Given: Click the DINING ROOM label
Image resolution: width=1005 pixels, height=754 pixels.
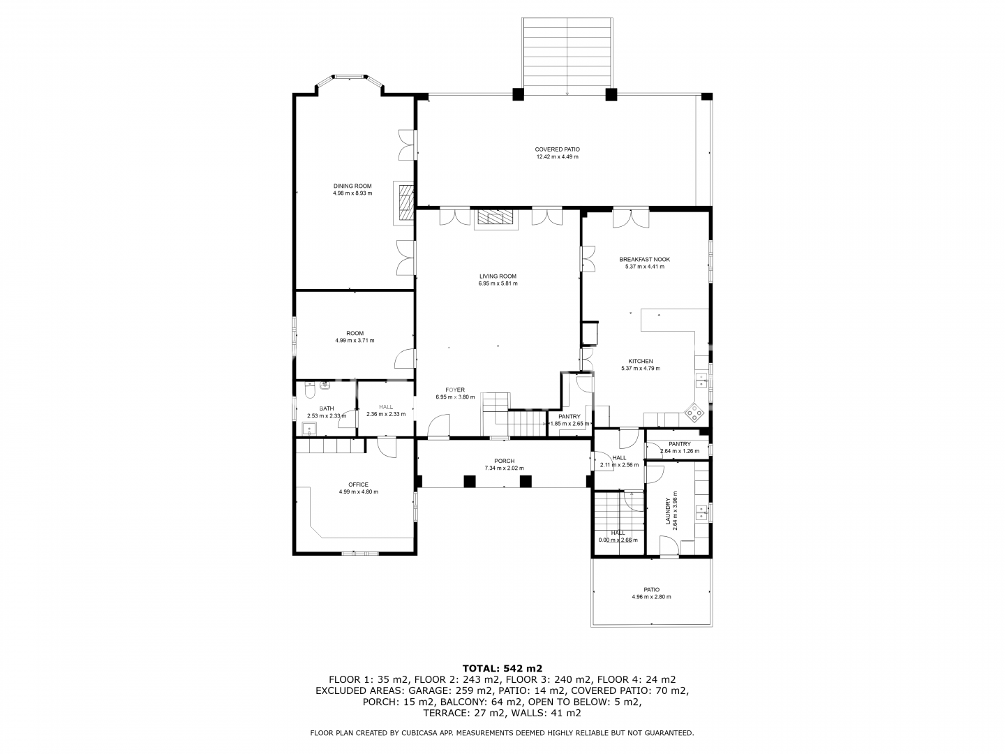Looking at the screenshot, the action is [x=352, y=186].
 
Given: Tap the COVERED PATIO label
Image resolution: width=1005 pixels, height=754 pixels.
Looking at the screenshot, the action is [x=557, y=149].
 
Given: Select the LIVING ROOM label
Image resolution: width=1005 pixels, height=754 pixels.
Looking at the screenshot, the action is [x=498, y=276].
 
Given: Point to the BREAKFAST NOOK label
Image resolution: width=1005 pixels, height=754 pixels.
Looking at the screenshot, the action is [x=644, y=259].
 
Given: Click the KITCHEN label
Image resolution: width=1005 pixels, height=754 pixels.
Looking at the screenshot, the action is [x=641, y=361].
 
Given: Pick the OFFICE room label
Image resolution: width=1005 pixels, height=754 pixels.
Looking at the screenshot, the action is [x=358, y=485].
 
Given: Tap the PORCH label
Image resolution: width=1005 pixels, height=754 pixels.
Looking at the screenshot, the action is [x=504, y=461].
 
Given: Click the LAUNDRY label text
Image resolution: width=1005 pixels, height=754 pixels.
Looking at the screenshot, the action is [x=668, y=511].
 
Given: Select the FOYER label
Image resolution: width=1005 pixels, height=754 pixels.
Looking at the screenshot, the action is [x=454, y=390].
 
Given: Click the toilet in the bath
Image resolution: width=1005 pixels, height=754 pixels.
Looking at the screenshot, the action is [x=309, y=390].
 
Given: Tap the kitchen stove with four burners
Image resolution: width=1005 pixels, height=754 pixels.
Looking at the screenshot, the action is [x=694, y=412].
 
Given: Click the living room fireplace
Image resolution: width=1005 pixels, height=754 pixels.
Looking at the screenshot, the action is [x=496, y=219].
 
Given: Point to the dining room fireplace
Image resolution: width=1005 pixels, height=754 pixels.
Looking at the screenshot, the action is [x=403, y=202].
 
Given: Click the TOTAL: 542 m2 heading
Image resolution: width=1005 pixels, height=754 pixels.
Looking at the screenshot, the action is [x=502, y=668].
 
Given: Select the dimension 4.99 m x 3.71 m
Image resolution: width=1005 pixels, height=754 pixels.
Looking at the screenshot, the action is [x=355, y=340].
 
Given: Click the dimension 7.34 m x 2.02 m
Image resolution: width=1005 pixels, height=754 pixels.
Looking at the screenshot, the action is [x=504, y=468].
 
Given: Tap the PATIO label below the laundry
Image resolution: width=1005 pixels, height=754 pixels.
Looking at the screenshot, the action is [x=652, y=590].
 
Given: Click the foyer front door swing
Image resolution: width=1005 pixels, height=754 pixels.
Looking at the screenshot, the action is [x=438, y=425].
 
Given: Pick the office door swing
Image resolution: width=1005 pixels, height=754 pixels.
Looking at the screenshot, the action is [x=387, y=447].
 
